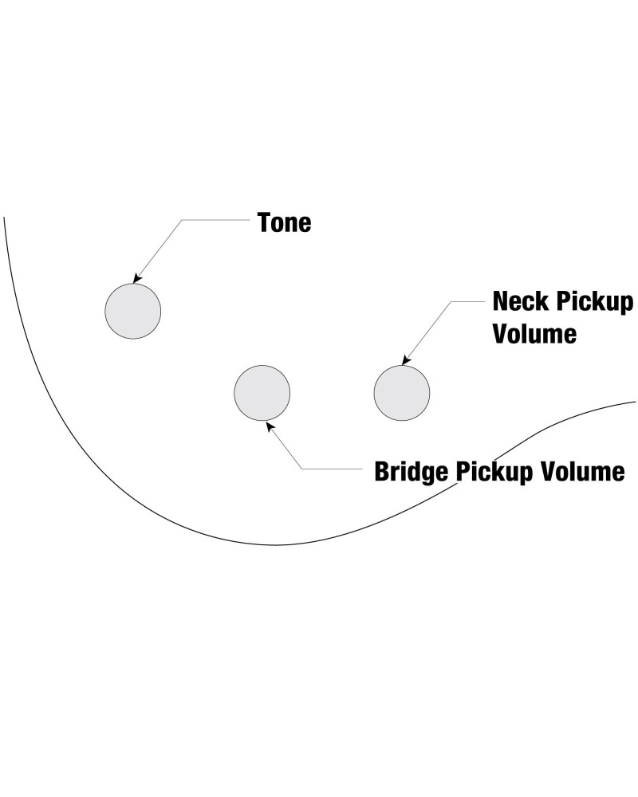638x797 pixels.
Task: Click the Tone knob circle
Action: tap(133, 311)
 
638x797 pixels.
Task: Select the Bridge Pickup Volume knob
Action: tap(262, 393)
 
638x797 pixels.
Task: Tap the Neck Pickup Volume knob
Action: tap(402, 393)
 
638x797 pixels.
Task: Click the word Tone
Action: tap(284, 222)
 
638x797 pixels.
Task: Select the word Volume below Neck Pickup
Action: tap(534, 333)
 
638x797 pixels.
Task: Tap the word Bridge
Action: tap(412, 472)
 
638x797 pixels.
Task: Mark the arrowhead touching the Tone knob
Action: tap(136, 280)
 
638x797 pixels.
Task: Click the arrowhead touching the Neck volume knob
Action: tap(406, 362)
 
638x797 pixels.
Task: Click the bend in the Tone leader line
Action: tap(183, 221)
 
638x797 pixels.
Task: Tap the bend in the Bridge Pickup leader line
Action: tap(301, 469)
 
